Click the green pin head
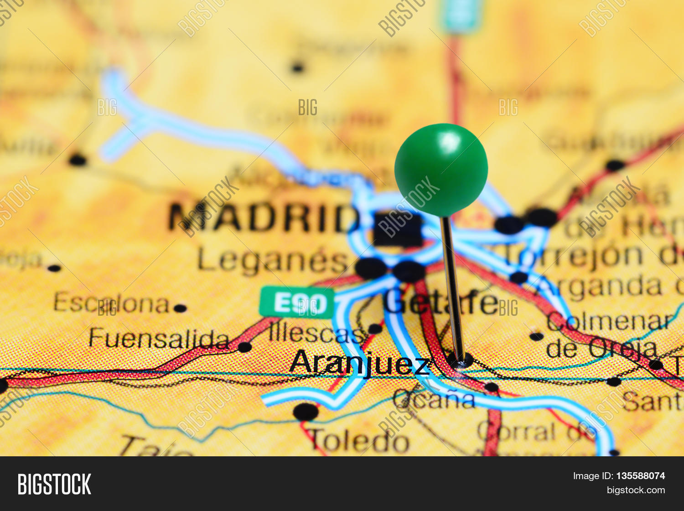point(441,170)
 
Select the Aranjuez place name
point(360,364)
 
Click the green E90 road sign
point(297,302)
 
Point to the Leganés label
point(272,261)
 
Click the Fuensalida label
point(159,339)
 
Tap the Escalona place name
point(112,303)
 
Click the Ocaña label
point(434,400)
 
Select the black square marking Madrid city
point(398,229)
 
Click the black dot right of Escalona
point(180,308)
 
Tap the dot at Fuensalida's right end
point(244,347)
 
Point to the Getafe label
point(440,302)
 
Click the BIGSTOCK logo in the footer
point(54,484)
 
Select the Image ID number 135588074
point(640,476)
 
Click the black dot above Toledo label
point(306,412)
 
